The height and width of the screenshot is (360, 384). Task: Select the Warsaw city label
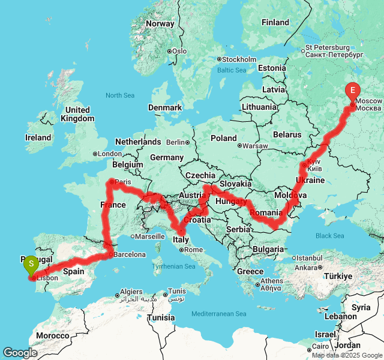256,146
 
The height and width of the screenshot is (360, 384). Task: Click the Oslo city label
179,51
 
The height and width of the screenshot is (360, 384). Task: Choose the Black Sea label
329,236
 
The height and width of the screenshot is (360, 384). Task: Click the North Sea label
120,95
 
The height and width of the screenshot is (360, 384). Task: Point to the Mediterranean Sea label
219,314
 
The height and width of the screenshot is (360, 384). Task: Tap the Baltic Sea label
232,70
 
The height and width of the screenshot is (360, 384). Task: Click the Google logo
20,353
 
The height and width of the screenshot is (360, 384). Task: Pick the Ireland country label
38,137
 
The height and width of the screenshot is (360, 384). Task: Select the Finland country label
275,22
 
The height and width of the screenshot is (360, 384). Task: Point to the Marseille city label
150,236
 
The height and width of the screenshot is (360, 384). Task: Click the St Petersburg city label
327,47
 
